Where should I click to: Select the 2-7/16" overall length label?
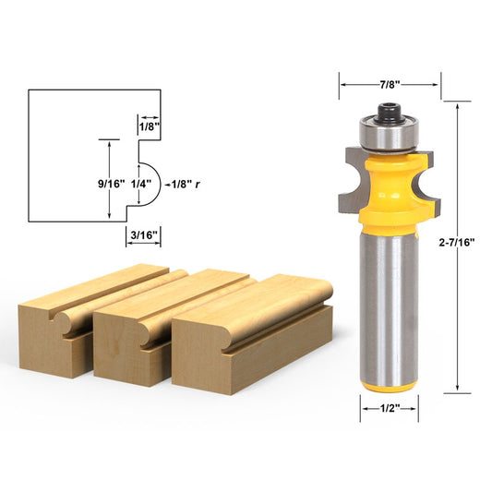(459, 242)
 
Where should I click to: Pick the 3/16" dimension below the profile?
(144, 234)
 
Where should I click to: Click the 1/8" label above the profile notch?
(148, 126)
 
